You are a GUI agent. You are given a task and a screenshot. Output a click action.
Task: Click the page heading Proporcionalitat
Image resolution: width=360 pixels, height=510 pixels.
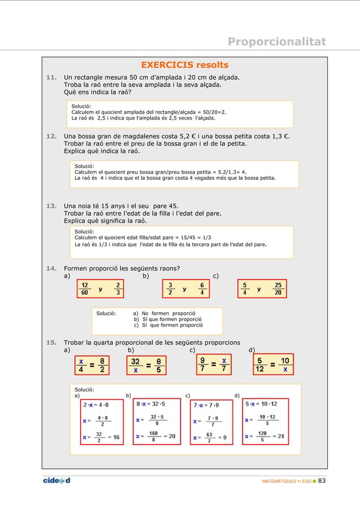(276, 42)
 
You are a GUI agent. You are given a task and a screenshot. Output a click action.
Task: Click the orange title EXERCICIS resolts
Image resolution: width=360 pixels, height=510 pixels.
(185, 65)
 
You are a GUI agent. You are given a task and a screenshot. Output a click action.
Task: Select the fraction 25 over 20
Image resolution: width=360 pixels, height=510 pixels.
(278, 289)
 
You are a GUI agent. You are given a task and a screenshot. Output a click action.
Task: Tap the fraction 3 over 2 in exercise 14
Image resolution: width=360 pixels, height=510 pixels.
(170, 289)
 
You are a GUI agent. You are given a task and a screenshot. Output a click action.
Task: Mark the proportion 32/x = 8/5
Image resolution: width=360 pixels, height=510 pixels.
(146, 365)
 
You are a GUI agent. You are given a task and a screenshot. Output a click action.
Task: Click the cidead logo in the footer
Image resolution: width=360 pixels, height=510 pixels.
(56, 481)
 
